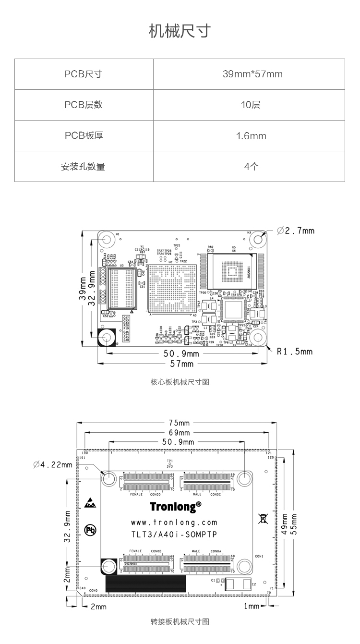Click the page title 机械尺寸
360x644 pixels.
(180, 31)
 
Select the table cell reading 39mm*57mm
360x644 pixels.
(252, 74)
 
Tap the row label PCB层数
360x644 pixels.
(84, 105)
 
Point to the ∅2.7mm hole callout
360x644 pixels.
(297, 231)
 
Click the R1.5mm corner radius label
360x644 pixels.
(295, 352)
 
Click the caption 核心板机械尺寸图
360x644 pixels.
(180, 382)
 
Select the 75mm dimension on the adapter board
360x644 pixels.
(179, 423)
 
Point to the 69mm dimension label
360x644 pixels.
(179, 433)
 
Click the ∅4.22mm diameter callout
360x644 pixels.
(53, 464)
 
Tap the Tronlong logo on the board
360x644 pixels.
(175, 507)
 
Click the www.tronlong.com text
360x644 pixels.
(174, 522)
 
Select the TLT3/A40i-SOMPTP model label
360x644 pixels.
(174, 534)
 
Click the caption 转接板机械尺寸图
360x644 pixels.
(180, 622)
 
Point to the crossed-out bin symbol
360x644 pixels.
(263, 518)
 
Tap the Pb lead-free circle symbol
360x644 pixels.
(90, 530)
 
